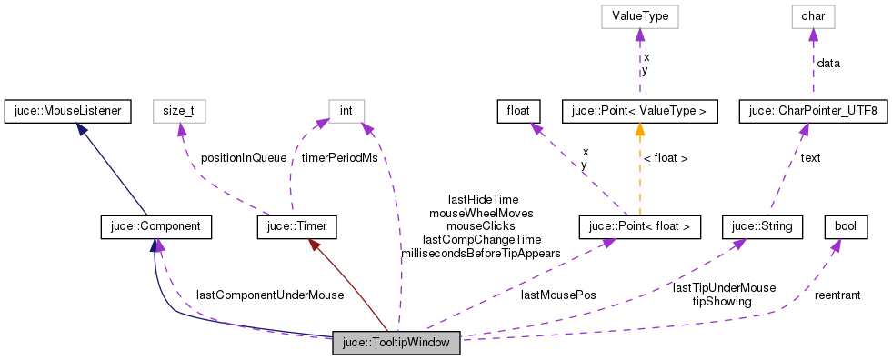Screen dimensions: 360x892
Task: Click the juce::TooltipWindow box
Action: coord(397,343)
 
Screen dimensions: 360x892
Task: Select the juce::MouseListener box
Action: coord(68,112)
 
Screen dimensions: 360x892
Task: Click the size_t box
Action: coord(178,112)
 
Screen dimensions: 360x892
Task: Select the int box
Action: coord(346,112)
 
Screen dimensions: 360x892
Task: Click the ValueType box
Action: coord(639,15)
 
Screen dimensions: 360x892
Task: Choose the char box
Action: coord(813,15)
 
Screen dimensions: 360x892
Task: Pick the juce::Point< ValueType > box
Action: coord(640,112)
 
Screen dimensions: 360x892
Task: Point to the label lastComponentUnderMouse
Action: coord(270,295)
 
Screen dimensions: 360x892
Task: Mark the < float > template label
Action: coord(666,158)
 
